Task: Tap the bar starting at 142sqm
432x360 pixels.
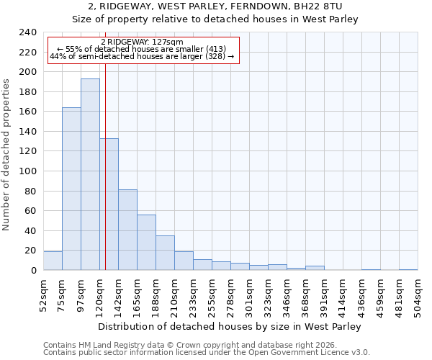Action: click(127, 230)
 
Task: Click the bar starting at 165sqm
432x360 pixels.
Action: click(146, 242)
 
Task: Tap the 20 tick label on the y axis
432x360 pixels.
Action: click(30, 251)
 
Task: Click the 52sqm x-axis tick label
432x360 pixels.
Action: click(43, 295)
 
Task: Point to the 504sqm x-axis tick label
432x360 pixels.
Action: click(418, 295)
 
